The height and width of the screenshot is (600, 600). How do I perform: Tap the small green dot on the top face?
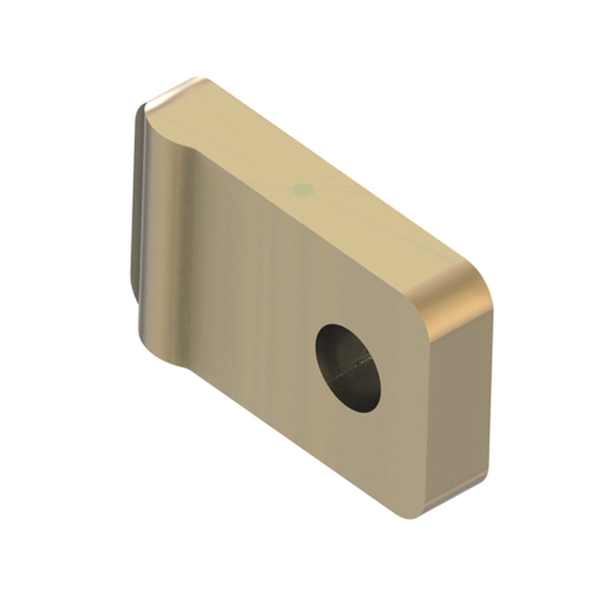coord(302,189)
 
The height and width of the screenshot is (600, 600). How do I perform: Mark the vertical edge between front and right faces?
coord(429,422)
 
